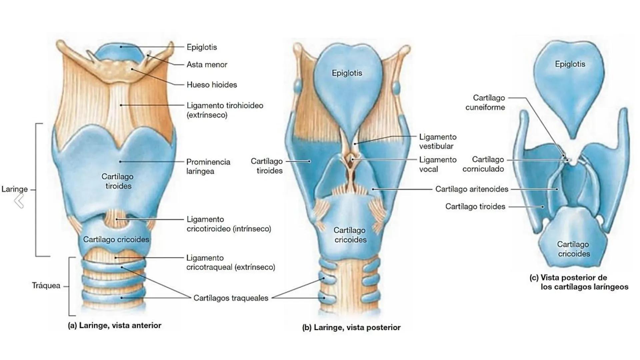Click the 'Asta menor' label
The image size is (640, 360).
click(207, 65)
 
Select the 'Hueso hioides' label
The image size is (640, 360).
click(212, 85)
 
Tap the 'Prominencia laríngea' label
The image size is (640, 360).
click(208, 167)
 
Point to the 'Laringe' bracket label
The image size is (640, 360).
click(14, 189)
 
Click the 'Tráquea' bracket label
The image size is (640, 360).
click(46, 286)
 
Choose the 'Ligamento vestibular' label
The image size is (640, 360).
click(438, 142)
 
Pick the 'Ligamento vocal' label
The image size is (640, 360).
click(438, 165)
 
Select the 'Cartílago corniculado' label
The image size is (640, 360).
click(483, 164)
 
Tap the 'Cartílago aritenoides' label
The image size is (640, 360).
click(472, 189)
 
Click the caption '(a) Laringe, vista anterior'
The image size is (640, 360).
click(114, 326)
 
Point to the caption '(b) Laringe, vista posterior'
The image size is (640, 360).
click(351, 328)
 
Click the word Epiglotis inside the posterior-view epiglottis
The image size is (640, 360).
click(347, 73)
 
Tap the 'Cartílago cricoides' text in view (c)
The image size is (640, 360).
click(573, 249)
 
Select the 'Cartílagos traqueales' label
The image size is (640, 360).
click(231, 298)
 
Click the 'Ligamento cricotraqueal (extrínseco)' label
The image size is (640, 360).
click(231, 263)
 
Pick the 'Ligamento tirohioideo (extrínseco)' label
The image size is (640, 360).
click(225, 110)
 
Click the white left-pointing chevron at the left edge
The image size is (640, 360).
click(19, 201)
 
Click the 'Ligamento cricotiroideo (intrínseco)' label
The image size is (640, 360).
click(229, 224)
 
